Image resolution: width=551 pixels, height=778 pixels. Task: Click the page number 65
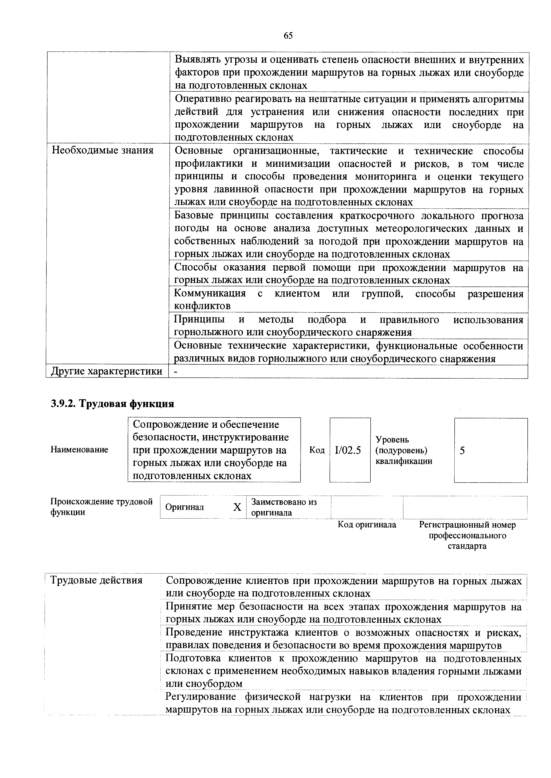click(x=288, y=35)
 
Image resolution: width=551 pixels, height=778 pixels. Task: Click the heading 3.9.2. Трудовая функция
click(x=112, y=404)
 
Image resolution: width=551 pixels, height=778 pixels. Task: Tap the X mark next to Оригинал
click(x=237, y=507)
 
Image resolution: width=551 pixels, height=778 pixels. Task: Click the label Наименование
click(x=79, y=450)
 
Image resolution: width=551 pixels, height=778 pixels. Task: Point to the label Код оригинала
click(x=367, y=525)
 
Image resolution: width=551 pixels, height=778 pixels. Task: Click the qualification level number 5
click(x=462, y=450)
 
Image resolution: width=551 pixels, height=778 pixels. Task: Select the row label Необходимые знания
click(x=102, y=150)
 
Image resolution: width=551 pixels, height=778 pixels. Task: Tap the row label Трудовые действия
click(x=96, y=580)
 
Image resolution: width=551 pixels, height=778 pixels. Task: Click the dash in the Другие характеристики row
click(x=175, y=372)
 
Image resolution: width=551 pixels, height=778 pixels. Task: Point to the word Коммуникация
click(x=210, y=293)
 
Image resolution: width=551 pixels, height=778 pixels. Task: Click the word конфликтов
click(x=202, y=306)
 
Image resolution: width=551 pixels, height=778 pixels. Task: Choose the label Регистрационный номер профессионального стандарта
click(x=467, y=535)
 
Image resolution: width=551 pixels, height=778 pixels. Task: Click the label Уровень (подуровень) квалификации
click(x=404, y=450)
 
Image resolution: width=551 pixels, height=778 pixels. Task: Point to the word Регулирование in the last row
click(x=201, y=697)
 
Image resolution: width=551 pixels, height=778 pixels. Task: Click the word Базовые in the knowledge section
click(x=194, y=216)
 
